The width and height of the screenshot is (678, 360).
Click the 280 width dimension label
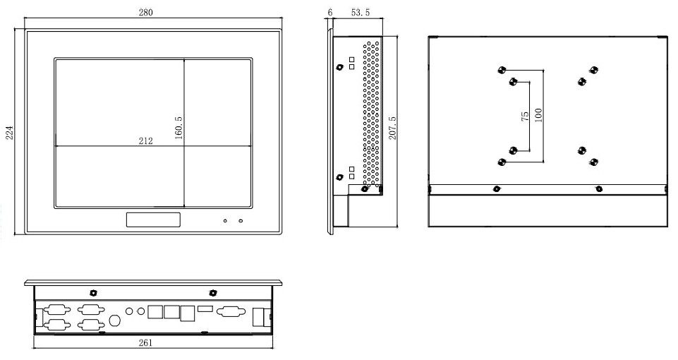click(x=145, y=12)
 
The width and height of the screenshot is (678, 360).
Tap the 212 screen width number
click(x=145, y=140)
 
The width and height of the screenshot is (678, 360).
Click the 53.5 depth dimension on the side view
click(x=360, y=13)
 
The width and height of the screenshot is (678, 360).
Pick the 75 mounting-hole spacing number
click(x=525, y=116)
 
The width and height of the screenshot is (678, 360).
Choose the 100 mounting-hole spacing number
click(x=538, y=116)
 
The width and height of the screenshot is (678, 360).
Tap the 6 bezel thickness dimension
click(x=330, y=13)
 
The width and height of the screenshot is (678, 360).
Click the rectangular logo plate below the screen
click(x=153, y=220)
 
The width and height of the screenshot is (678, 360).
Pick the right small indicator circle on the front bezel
click(x=241, y=222)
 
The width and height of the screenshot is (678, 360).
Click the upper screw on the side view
click(x=340, y=68)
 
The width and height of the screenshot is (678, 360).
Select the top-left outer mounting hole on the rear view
click(x=501, y=70)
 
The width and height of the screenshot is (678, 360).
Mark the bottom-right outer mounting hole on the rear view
click(x=593, y=162)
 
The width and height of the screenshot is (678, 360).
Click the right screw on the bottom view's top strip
click(x=213, y=292)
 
